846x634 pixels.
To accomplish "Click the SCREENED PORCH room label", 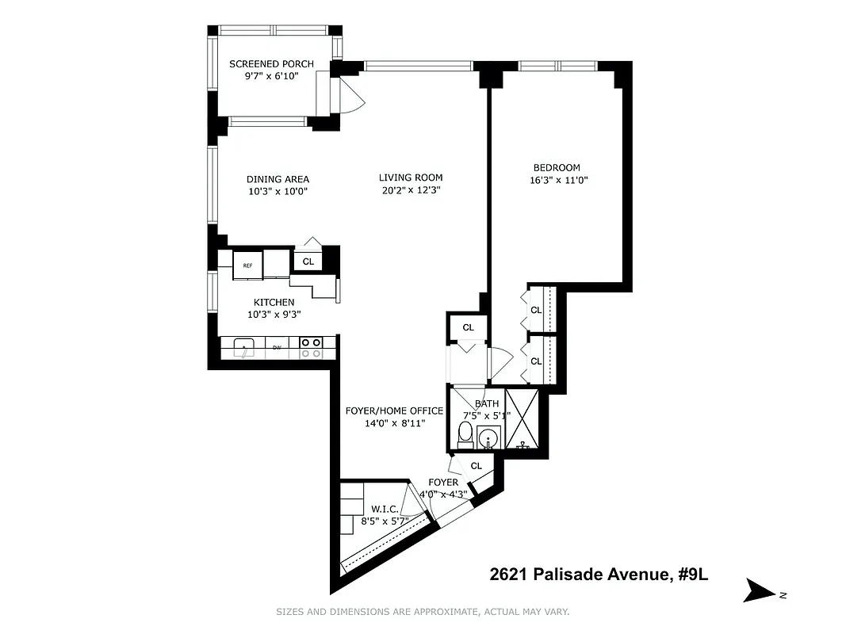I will (x=271, y=64).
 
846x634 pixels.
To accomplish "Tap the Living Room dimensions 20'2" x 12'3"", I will (x=410, y=190).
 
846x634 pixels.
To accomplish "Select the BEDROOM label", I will (x=556, y=167).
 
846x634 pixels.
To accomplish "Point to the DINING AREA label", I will (x=278, y=179).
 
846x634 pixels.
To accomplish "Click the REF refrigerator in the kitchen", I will (x=247, y=265).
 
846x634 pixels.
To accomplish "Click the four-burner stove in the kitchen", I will (x=312, y=347).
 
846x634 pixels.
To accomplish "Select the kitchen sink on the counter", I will (x=245, y=347).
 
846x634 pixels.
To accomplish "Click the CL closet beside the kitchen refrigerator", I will (x=308, y=261).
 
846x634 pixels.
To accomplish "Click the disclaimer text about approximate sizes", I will (x=423, y=612).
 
